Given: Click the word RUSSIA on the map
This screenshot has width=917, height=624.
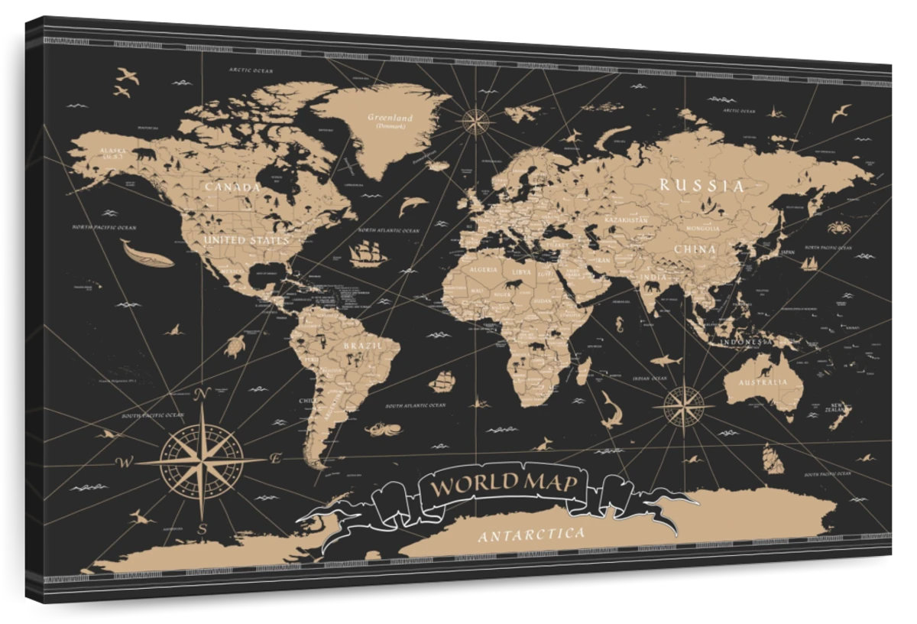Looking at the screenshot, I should [x=701, y=184].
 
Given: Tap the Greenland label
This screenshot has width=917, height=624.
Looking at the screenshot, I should [x=390, y=118].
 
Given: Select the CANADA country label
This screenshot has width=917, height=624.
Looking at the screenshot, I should [x=233, y=187].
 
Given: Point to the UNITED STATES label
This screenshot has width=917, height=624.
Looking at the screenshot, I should [x=246, y=240].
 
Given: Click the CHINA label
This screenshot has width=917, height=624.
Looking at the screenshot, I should [x=695, y=249].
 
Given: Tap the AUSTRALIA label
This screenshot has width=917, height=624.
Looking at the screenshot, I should [x=761, y=382].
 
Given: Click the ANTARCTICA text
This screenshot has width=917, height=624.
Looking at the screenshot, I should [x=533, y=534].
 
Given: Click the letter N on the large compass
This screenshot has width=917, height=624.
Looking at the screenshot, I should [x=203, y=395].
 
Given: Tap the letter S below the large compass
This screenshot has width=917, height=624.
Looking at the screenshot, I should [x=202, y=528].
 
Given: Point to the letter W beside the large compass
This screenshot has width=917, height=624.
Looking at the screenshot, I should [x=121, y=462].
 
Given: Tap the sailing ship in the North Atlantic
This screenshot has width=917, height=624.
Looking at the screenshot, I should [x=368, y=252].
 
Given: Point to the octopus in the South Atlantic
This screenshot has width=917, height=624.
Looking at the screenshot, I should [x=378, y=428].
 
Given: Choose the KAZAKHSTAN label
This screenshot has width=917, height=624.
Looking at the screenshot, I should [x=625, y=219].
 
